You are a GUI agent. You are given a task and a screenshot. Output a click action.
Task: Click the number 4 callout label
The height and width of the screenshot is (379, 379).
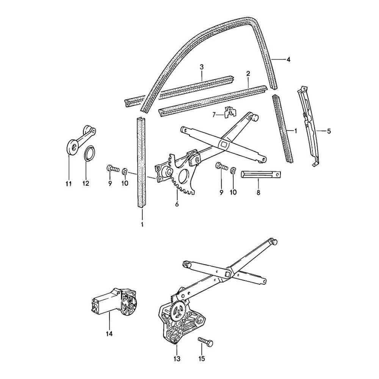288,60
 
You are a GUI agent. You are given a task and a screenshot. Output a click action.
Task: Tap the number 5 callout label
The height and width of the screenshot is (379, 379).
329,131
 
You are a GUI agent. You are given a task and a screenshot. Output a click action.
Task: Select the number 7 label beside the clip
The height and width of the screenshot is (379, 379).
214,114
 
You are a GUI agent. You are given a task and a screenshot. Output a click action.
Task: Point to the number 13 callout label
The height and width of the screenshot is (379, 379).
177,359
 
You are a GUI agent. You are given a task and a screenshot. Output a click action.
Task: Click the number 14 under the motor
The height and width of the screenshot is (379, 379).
109,334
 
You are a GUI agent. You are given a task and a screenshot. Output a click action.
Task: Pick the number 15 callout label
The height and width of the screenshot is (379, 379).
202,359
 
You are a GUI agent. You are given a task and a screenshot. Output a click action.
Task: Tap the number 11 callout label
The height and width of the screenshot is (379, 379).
68,184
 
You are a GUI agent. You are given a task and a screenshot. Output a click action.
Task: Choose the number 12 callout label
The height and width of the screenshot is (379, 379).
86,184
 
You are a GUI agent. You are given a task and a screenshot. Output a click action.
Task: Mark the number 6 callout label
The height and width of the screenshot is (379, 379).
177,205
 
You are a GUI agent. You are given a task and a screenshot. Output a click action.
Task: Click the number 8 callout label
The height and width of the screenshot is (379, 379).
258,192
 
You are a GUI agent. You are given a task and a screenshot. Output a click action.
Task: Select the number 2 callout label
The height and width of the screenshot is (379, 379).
248,73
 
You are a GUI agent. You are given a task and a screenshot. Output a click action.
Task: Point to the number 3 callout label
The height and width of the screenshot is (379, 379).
202,67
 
